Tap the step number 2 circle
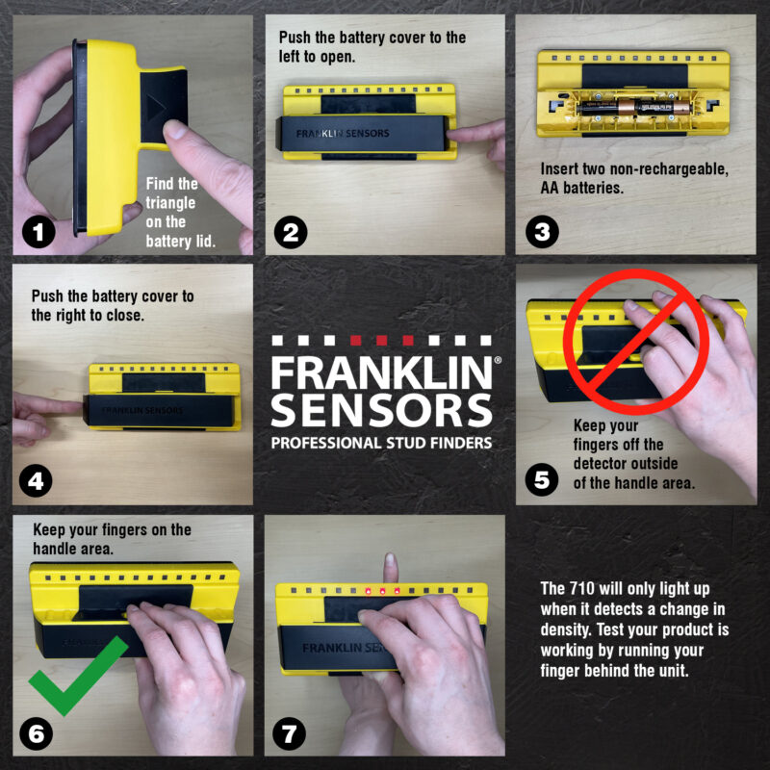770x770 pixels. (290, 230)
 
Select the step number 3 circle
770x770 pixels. (541, 230)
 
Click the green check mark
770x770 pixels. (77, 674)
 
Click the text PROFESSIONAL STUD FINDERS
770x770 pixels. (382, 443)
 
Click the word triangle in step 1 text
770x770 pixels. (171, 204)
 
